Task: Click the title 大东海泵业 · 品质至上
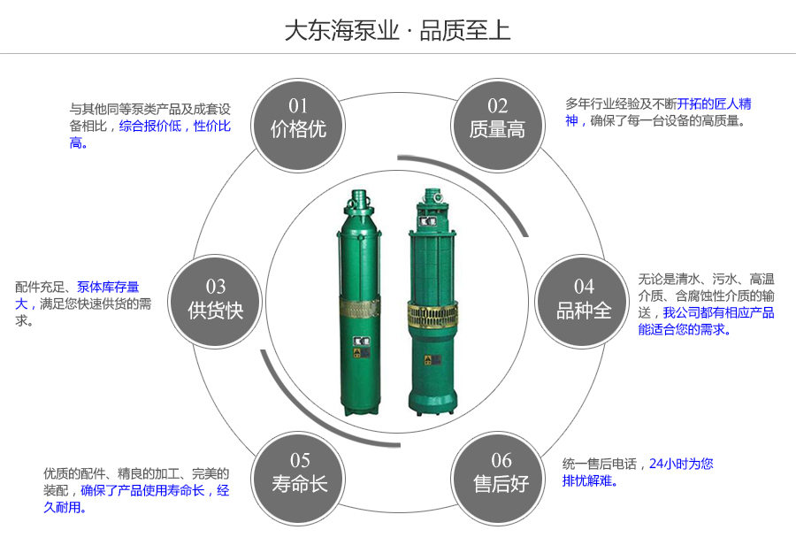coord(397,31)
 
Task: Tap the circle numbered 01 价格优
coord(298,119)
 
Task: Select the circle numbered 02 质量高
coord(497,119)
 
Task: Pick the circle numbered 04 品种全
coord(583,299)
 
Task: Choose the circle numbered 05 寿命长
coord(299,472)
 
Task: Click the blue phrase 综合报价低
coord(150,126)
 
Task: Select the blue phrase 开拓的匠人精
coord(715,104)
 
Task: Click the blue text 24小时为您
coord(681,463)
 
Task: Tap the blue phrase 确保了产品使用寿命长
coord(142,490)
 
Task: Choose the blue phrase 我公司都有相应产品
coord(718,312)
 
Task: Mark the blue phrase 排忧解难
coord(586,481)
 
